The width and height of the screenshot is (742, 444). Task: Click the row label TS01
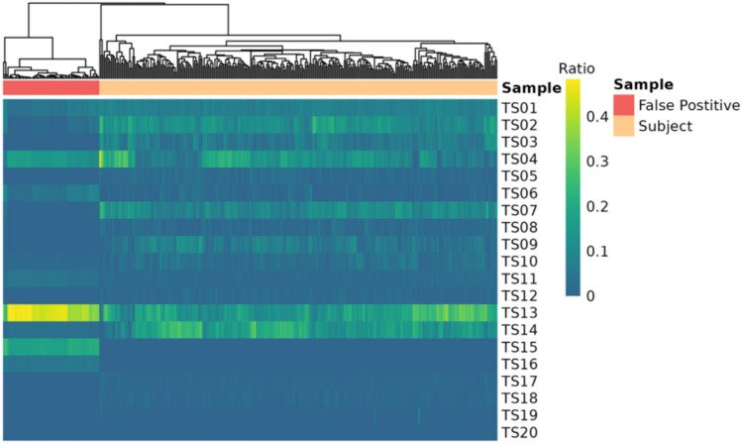click(519, 108)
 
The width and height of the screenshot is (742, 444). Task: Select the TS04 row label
click(519, 159)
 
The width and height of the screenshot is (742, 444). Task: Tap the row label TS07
click(519, 210)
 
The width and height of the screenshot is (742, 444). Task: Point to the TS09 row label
click(519, 244)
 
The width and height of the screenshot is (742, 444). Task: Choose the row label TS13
click(519, 312)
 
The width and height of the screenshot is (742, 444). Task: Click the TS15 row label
click(519, 346)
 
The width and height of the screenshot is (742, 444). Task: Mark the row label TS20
click(519, 431)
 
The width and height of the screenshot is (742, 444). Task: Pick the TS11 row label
click(519, 278)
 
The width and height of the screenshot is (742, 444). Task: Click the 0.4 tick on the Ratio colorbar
click(595, 117)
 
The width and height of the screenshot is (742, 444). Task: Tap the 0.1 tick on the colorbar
click(595, 251)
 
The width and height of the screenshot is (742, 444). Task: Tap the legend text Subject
click(667, 126)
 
